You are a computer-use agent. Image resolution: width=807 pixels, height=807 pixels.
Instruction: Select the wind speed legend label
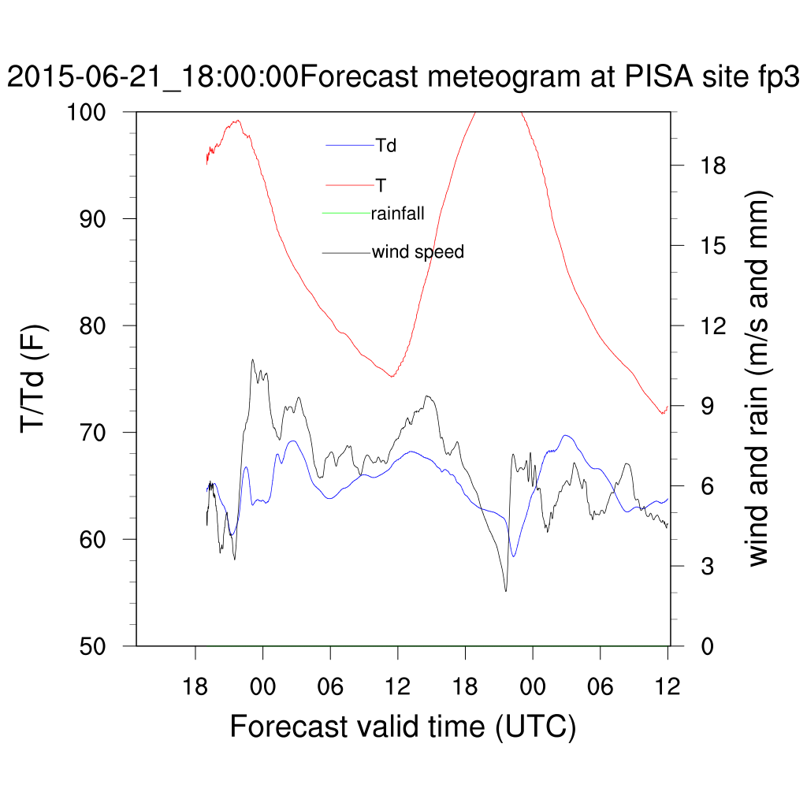pyautogui.click(x=418, y=252)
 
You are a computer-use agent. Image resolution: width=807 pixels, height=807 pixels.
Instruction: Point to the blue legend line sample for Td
pyautogui.click(x=350, y=146)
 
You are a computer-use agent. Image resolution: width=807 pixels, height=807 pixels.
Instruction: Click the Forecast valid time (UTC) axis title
pyautogui.click(x=403, y=726)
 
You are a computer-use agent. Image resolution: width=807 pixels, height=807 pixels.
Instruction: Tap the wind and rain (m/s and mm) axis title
pyautogui.click(x=758, y=378)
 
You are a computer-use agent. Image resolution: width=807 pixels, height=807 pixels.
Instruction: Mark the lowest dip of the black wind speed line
pyautogui.click(x=506, y=591)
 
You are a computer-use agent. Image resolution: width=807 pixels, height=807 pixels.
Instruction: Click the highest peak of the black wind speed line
pyautogui.click(x=253, y=360)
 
